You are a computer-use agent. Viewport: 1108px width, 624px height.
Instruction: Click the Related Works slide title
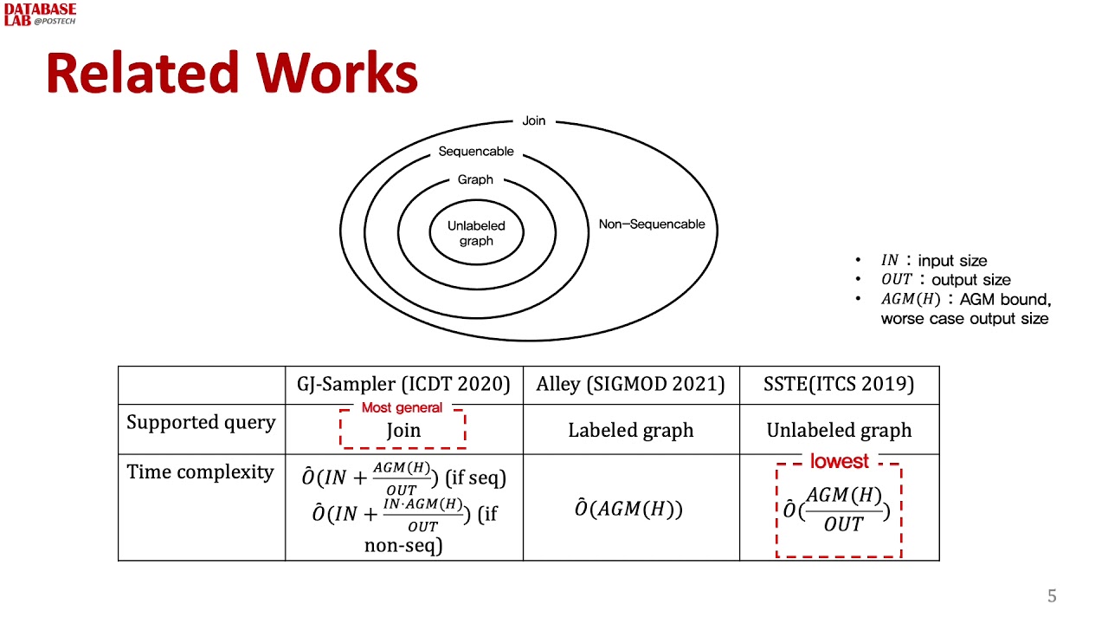pyautogui.click(x=232, y=74)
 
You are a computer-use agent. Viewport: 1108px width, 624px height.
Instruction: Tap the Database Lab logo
pyautogui.click(x=40, y=14)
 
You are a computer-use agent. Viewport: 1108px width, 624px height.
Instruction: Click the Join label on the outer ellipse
pyautogui.click(x=534, y=120)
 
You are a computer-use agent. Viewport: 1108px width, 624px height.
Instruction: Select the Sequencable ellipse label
pyautogui.click(x=476, y=152)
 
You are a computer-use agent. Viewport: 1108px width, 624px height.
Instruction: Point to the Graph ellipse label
pyautogui.click(x=475, y=180)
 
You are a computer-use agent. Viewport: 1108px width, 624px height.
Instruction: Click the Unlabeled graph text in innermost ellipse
pyautogui.click(x=476, y=233)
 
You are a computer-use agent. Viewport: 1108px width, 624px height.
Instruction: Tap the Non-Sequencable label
pyautogui.click(x=652, y=224)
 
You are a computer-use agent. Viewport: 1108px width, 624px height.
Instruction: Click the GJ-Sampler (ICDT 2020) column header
pyautogui.click(x=403, y=384)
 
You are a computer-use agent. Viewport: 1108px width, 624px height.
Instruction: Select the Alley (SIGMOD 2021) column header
pyautogui.click(x=630, y=384)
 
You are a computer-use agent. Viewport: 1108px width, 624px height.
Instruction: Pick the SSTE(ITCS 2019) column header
pyautogui.click(x=839, y=384)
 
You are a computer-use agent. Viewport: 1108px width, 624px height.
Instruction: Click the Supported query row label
pyautogui.click(x=201, y=423)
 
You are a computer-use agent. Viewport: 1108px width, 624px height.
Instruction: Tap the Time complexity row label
pyautogui.click(x=200, y=472)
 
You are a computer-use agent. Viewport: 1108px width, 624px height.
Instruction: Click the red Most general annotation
pyautogui.click(x=402, y=407)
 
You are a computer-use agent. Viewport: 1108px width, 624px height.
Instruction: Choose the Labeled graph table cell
pyautogui.click(x=630, y=430)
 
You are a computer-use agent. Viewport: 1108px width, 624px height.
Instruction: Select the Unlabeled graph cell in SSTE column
pyautogui.click(x=839, y=430)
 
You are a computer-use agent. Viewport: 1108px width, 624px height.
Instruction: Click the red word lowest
pyautogui.click(x=839, y=461)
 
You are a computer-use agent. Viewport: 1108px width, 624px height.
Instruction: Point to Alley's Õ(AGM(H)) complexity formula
pyautogui.click(x=628, y=509)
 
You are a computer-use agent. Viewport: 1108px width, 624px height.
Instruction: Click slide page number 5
pyautogui.click(x=1052, y=596)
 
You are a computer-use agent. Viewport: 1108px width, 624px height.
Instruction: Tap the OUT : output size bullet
pyautogui.click(x=945, y=280)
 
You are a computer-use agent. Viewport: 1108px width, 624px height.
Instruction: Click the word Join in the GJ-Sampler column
pyautogui.click(x=403, y=431)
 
